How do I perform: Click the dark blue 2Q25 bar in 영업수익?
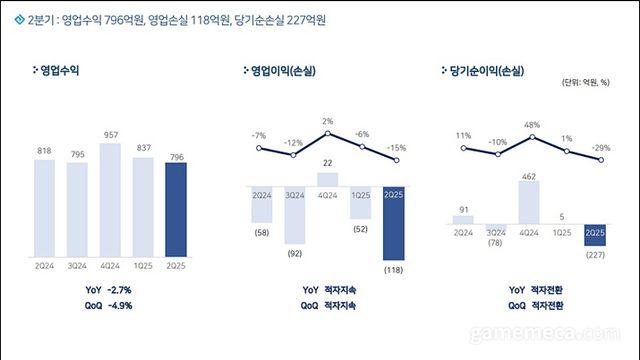(x=176, y=209)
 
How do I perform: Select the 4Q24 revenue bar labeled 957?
(x=111, y=200)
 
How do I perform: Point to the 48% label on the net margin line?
(x=531, y=126)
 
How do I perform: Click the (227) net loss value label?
(x=597, y=252)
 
